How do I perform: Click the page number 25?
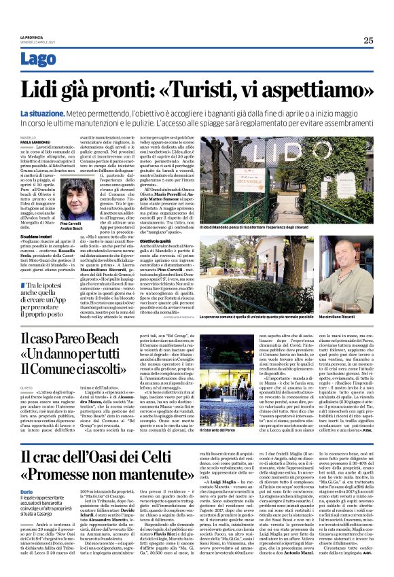coord(368,40)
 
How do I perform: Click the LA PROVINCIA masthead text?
coord(33,37)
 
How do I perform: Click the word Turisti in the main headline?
coord(201,89)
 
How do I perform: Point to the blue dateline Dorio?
coord(28,490)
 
